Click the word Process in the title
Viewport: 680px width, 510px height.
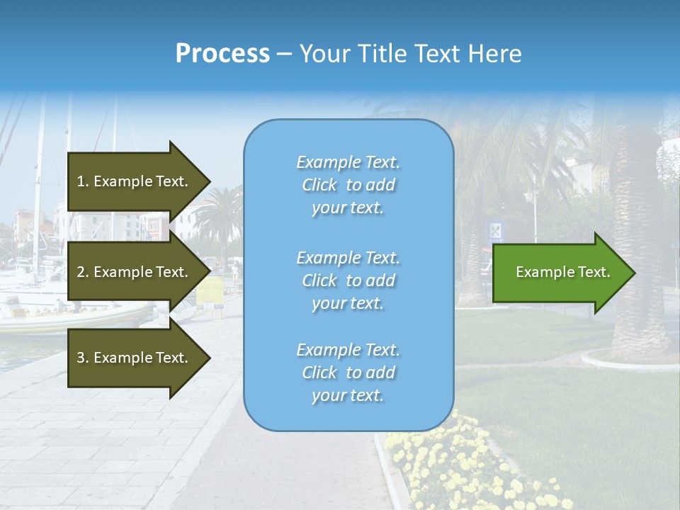[x=222, y=54]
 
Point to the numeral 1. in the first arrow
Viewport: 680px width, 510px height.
[x=82, y=181]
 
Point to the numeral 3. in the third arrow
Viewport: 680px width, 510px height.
[x=82, y=358]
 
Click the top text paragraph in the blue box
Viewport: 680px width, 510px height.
[x=348, y=185]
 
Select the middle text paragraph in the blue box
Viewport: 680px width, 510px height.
[x=348, y=280]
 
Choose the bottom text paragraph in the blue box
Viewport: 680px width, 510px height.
[x=348, y=373]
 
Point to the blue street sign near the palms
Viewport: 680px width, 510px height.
[x=497, y=230]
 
